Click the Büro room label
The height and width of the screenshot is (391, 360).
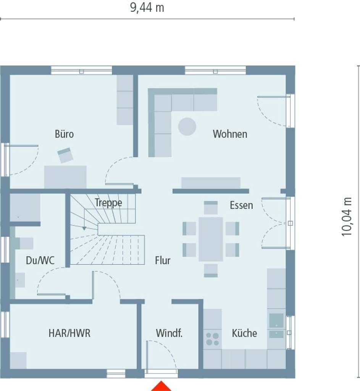(x=64, y=134)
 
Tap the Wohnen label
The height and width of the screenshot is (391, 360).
(x=230, y=134)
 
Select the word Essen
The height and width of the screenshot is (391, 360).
(x=241, y=205)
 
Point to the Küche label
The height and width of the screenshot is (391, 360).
(x=244, y=333)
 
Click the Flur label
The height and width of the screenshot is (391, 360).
(x=163, y=261)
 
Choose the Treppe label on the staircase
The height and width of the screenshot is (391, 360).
(x=108, y=202)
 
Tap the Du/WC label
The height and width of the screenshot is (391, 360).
(x=40, y=261)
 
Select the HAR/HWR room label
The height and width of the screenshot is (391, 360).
(x=69, y=333)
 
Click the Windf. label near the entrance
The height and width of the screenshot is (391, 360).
(x=169, y=333)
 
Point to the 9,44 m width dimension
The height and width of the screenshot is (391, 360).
(x=147, y=8)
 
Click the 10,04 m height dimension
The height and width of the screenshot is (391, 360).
(x=347, y=217)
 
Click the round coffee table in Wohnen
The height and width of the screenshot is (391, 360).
(x=187, y=126)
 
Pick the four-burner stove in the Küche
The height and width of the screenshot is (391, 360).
(x=213, y=339)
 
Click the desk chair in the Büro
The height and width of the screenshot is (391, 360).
(x=65, y=155)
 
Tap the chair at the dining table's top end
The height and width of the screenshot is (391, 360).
(x=211, y=207)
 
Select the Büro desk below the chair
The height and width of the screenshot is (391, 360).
(x=65, y=176)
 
